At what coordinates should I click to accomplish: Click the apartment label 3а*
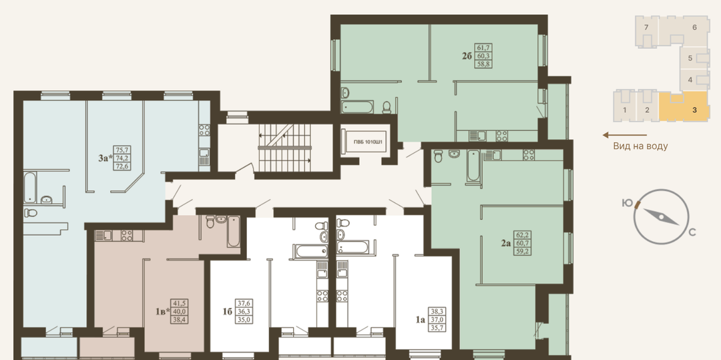105,158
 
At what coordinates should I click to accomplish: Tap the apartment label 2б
467,56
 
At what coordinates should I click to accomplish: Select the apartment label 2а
506,242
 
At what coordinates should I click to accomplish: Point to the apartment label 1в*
163,312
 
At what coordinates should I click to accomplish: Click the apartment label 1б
227,312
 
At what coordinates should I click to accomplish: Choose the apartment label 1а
421,319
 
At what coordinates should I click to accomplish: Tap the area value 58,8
483,64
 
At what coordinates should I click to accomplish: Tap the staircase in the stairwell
285,147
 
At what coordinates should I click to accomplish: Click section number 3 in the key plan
694,110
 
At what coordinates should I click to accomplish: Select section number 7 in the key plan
646,27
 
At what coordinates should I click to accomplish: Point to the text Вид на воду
640,146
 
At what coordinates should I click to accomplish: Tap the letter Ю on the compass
627,203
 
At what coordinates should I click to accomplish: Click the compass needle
660,216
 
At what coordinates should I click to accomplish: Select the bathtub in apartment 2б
357,107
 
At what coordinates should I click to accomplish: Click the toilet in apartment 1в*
210,222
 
